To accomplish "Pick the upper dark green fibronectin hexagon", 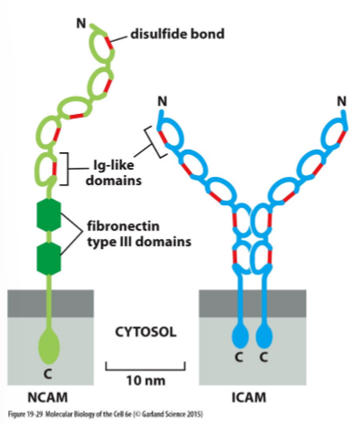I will (x=48, y=215).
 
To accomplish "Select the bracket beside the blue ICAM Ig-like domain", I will (x=155, y=140).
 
